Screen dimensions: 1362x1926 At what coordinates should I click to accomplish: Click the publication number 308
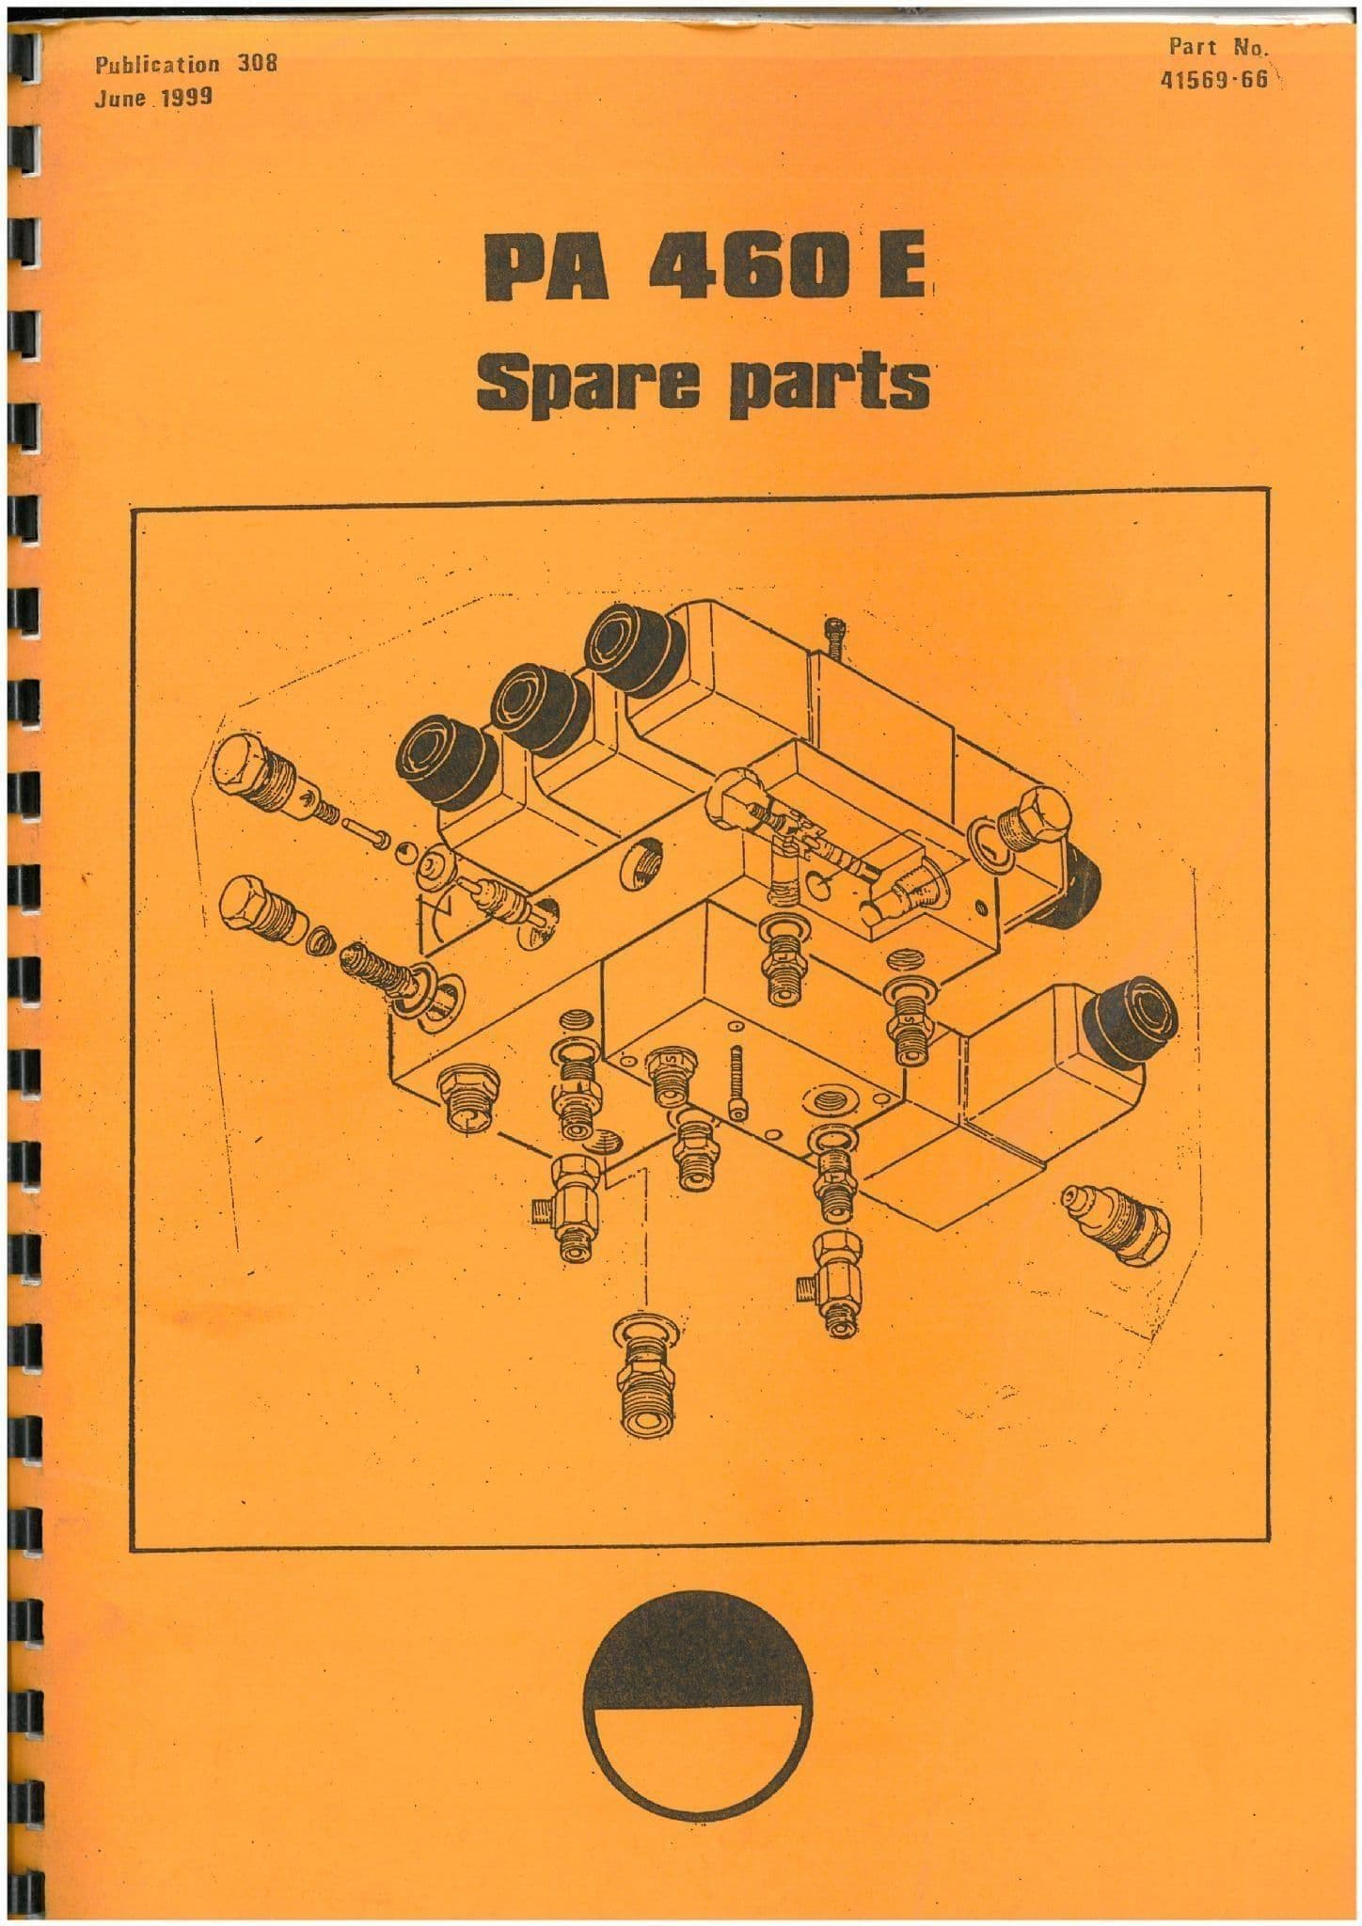(254, 66)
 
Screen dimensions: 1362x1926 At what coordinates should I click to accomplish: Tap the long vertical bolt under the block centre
(737, 1085)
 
